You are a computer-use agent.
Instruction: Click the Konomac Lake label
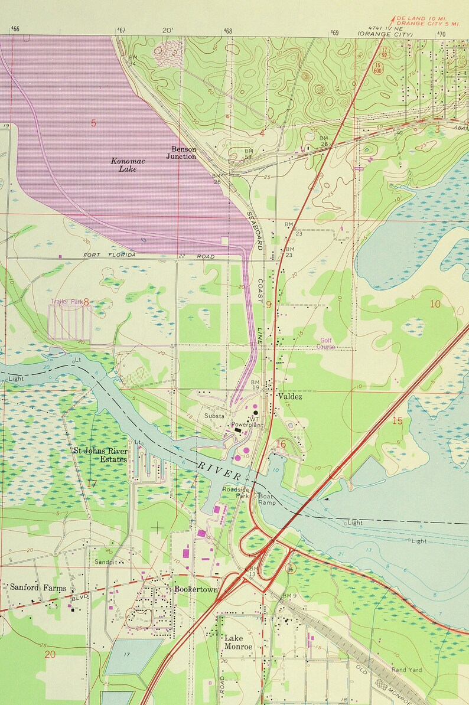click(x=124, y=165)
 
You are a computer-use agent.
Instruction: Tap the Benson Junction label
click(x=181, y=153)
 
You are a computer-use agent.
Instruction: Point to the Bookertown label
click(x=196, y=589)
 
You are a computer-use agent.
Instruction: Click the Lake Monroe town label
click(x=238, y=642)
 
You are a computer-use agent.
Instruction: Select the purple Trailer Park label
click(x=67, y=301)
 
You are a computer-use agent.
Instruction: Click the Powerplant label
click(x=247, y=425)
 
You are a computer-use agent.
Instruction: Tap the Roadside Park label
click(x=234, y=493)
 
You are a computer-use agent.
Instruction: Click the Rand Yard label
click(x=406, y=670)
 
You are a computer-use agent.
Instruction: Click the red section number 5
click(x=93, y=123)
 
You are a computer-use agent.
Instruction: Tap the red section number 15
click(x=397, y=420)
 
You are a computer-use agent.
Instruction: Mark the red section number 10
click(x=435, y=304)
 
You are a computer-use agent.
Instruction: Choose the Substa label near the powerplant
click(x=214, y=416)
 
